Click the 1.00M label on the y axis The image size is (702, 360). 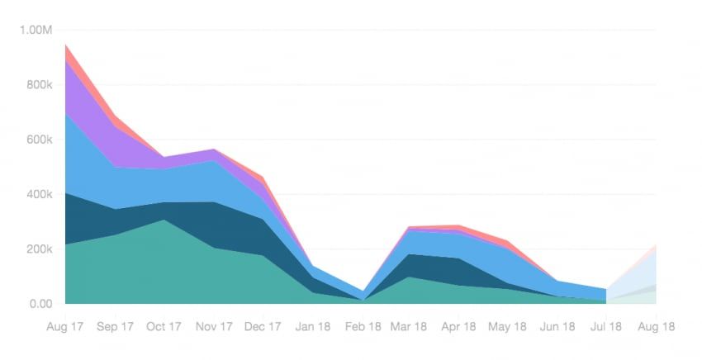pyautogui.click(x=35, y=31)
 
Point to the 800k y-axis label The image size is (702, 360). pyautogui.click(x=38, y=85)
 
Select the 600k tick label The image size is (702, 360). pyautogui.click(x=38, y=140)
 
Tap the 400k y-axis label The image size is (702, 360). pyautogui.click(x=38, y=195)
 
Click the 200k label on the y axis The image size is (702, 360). pyautogui.click(x=38, y=249)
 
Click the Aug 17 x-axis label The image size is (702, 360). pyautogui.click(x=65, y=327)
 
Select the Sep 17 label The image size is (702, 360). pyautogui.click(x=115, y=327)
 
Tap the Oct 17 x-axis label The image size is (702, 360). pyautogui.click(x=164, y=327)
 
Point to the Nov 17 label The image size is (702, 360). pyautogui.click(x=213, y=327)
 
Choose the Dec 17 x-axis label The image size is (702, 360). pyautogui.click(x=263, y=327)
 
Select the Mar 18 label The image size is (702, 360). pyautogui.click(x=410, y=327)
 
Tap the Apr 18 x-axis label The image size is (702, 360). pyautogui.click(x=459, y=327)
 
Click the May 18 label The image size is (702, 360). pyautogui.click(x=508, y=327)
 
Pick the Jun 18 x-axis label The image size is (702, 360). pyautogui.click(x=557, y=327)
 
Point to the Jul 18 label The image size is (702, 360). pyautogui.click(x=606, y=327)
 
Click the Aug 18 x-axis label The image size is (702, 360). pyautogui.click(x=656, y=327)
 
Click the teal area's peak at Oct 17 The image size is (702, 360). pyautogui.click(x=164, y=220)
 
